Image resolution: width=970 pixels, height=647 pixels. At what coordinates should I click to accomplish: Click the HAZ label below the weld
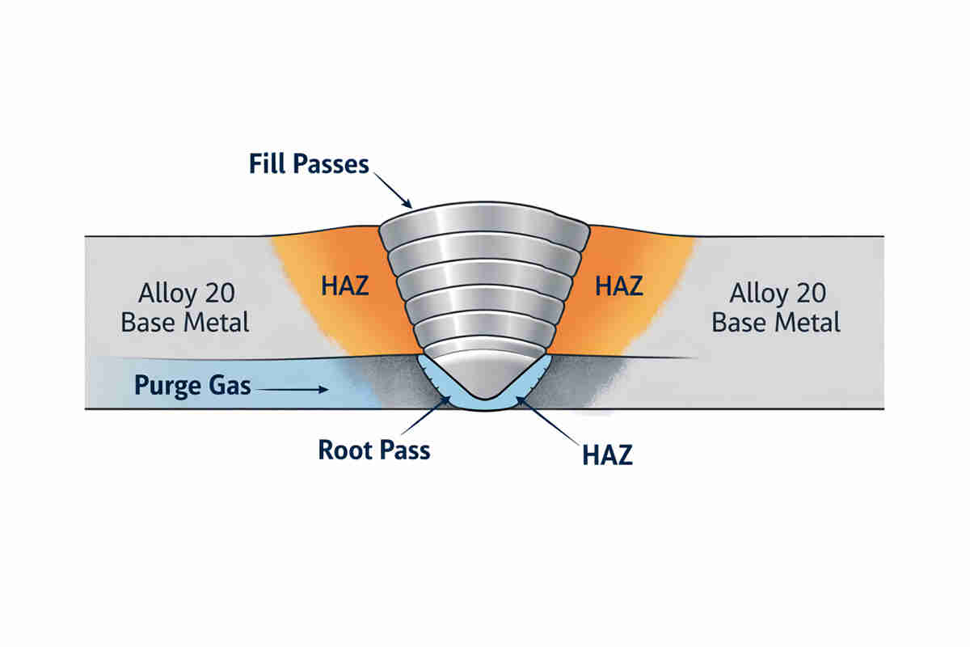(606, 455)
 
